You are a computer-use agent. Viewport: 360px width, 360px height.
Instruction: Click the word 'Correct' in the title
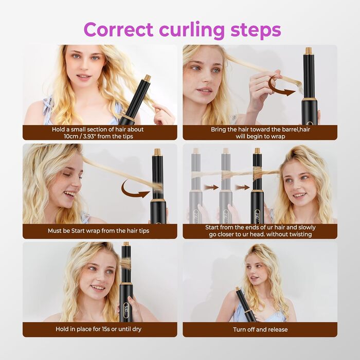coord(118,29)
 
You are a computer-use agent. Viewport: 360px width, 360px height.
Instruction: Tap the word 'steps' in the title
coord(256,30)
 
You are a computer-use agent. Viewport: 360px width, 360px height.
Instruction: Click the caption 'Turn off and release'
coord(260,330)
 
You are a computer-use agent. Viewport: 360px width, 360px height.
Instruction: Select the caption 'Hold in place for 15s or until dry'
coord(99,329)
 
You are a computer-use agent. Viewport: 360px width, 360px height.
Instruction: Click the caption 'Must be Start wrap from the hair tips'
coord(99,231)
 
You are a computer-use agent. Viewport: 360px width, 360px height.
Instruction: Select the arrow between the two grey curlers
coord(211,187)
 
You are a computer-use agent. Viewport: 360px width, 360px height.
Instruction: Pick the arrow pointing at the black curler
coord(242,187)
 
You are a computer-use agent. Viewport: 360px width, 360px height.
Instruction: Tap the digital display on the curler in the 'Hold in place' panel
coord(127,310)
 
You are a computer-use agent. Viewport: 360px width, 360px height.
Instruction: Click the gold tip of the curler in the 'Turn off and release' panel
coord(238,289)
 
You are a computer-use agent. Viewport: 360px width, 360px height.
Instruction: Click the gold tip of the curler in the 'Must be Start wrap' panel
coord(157,152)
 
